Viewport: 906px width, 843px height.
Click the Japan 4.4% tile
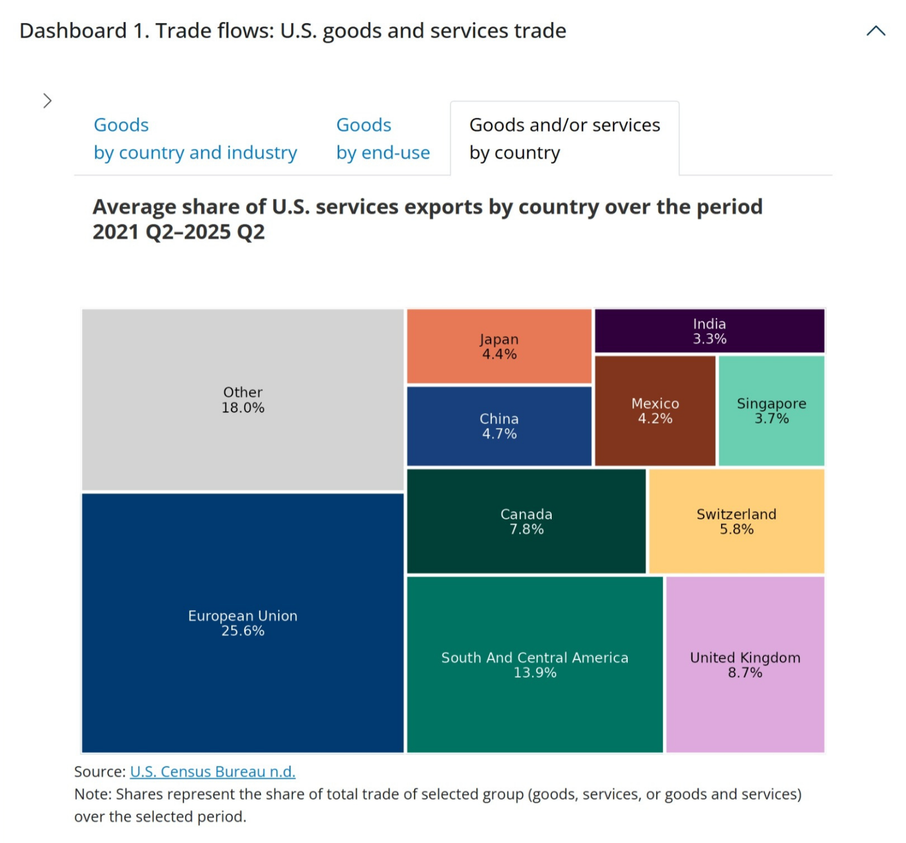point(499,346)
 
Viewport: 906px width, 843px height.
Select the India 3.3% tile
point(709,330)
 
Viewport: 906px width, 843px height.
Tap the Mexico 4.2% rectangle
point(655,410)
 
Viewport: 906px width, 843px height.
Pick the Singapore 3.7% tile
point(771,410)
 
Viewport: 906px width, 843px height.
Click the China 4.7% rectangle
point(499,426)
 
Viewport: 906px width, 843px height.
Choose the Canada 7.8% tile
point(526,521)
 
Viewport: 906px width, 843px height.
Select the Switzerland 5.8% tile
point(736,521)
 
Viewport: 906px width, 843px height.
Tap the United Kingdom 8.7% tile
point(745,664)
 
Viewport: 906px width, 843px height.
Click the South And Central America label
point(534,658)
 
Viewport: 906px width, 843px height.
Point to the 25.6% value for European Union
point(243,631)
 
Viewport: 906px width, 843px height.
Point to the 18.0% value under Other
point(243,408)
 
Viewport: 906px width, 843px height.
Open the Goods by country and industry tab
point(195,139)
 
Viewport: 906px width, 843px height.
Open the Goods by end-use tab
point(383,139)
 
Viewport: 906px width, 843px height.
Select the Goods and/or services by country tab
point(564,139)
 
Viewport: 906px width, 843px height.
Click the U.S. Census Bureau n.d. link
point(212,772)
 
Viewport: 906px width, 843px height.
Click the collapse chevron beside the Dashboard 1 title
point(876,31)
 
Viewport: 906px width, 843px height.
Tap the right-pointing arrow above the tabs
point(47,101)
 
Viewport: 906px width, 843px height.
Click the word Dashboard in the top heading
point(73,31)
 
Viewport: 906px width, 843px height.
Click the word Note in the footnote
point(92,794)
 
